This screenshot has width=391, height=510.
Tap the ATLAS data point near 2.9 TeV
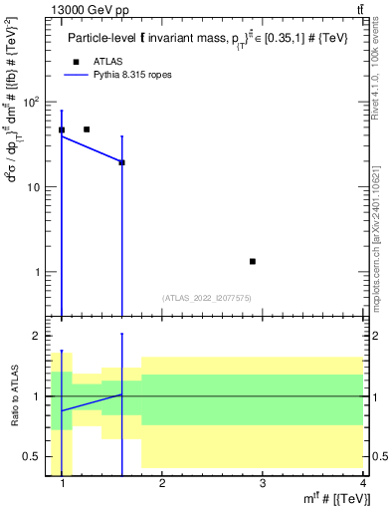(x=253, y=261)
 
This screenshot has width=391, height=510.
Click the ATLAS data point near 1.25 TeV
(x=87, y=129)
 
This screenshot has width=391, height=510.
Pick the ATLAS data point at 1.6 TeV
(x=121, y=162)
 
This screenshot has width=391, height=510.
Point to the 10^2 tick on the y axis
(x=35, y=102)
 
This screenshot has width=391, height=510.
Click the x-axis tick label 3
(x=263, y=484)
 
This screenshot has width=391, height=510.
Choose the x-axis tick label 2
(x=162, y=484)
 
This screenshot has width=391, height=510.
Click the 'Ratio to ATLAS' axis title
(x=12, y=399)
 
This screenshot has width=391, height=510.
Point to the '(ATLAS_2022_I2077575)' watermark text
(x=207, y=297)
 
